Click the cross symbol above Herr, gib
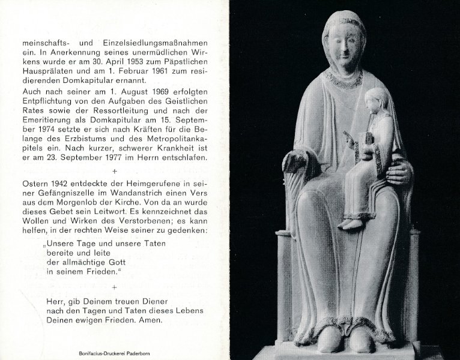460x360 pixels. pyautogui.click(x=123, y=287)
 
